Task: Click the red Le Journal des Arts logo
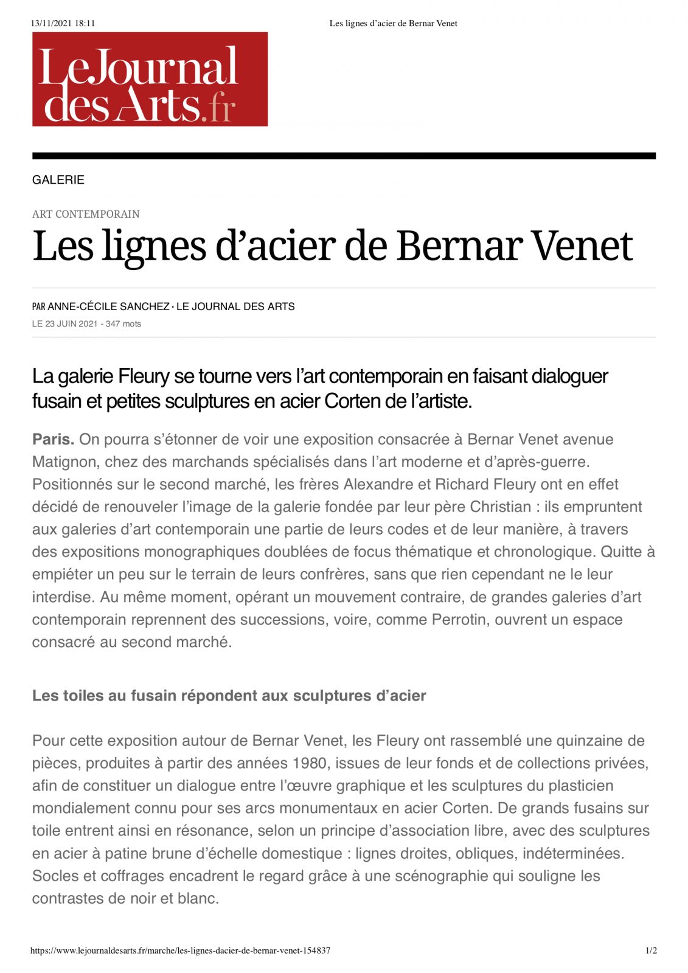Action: coord(150,79)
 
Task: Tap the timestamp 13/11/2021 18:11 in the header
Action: coord(63,24)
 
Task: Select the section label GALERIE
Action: coord(58,180)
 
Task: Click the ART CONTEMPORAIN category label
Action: coord(86,214)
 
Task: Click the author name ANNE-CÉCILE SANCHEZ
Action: coord(108,306)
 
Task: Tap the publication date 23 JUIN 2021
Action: coord(71,324)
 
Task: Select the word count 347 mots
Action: coord(123,324)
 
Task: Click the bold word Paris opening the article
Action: coord(53,439)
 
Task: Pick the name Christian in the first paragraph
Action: coord(501,507)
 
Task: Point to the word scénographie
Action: coord(439,876)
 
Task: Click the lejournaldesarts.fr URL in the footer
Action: coord(180,950)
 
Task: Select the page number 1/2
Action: coord(651,950)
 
